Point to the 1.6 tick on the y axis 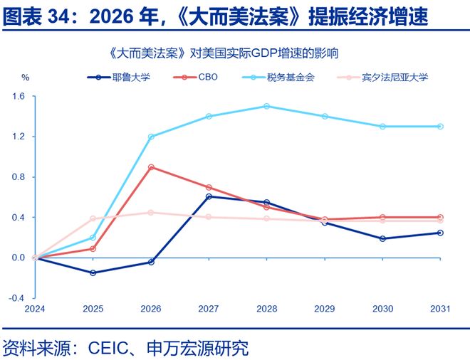(18, 96)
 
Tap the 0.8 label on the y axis (18, 176)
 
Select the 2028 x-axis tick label (266, 309)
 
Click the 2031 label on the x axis (440, 309)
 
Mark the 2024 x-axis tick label (35, 309)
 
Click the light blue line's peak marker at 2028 (266, 106)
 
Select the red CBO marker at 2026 (151, 167)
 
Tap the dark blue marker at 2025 (93, 272)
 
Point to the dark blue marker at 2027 (209, 196)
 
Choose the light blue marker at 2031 (440, 127)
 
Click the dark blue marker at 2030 (382, 238)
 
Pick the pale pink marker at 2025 (93, 218)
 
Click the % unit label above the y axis (25, 77)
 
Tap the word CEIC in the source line (110, 349)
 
